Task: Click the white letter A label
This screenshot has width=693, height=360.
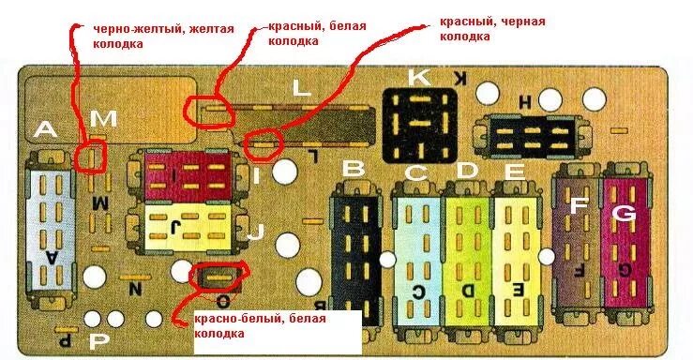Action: tap(45, 131)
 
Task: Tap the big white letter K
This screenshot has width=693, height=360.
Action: tap(418, 78)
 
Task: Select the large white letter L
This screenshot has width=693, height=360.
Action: tap(301, 89)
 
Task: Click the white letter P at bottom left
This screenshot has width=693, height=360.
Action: tap(97, 343)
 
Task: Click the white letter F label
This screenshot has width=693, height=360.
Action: tap(580, 204)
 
